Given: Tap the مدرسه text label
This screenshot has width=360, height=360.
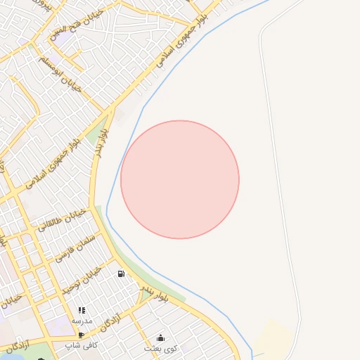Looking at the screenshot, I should [x=82, y=320].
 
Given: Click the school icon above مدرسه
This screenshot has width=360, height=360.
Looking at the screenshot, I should [x=82, y=310].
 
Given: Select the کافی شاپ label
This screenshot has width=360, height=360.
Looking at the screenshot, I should [x=82, y=345].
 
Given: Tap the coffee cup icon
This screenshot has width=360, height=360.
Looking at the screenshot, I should [x=82, y=335].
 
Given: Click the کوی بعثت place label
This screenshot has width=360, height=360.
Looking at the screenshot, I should [x=160, y=348].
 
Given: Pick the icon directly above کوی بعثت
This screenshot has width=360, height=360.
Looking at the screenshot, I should [x=160, y=338].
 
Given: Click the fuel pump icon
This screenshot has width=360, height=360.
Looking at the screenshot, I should [x=122, y=274].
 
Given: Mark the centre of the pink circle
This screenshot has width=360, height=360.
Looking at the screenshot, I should [x=180, y=180].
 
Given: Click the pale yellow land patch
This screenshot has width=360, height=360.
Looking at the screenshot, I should [x=275, y=337].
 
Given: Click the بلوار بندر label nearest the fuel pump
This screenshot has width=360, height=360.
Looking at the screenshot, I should [x=153, y=292].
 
